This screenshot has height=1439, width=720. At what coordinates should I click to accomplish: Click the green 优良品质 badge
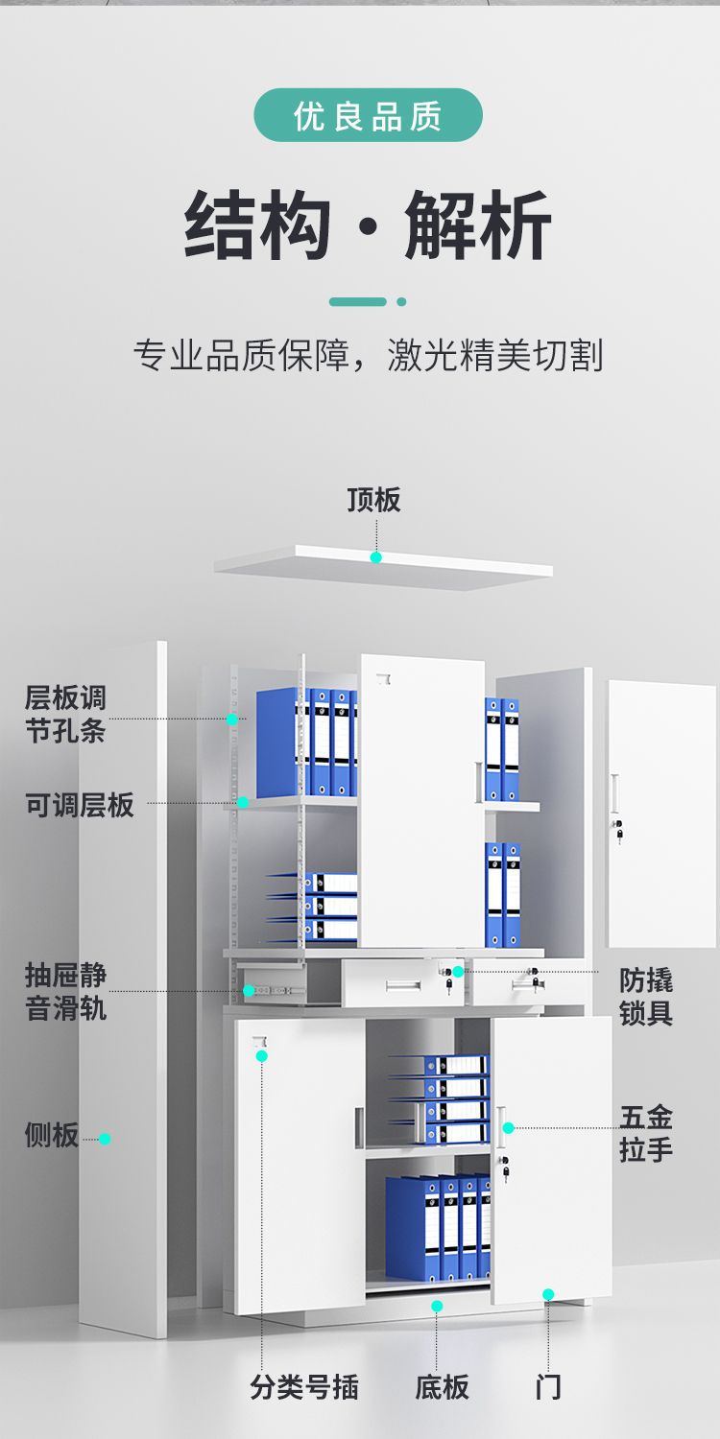point(368,116)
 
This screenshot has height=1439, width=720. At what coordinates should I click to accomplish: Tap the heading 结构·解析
point(368,226)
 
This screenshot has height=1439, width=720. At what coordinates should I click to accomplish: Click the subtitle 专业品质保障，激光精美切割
point(368,355)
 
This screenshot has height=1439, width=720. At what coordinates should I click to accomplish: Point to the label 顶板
point(373,500)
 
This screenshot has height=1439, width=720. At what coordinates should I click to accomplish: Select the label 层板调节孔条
point(65,714)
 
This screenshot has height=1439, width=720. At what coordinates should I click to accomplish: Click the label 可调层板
point(80,805)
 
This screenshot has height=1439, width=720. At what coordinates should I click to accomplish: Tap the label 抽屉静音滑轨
point(65,992)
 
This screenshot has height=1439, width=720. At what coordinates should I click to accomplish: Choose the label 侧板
point(51,1136)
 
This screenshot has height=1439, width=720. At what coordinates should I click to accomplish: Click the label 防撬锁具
point(646,997)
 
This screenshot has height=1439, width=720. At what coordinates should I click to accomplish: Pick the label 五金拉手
point(646,1132)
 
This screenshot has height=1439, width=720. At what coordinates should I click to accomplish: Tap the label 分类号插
point(304,1386)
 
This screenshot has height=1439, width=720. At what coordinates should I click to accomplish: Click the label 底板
point(442,1386)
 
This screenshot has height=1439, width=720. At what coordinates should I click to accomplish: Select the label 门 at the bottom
point(548,1386)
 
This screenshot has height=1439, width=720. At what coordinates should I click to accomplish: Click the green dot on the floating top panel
point(376,556)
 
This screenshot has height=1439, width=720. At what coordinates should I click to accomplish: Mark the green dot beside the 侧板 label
point(105,1139)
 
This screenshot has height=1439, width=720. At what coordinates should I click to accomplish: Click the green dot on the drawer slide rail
point(249,990)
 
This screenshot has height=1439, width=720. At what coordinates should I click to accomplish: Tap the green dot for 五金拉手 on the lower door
point(508,1127)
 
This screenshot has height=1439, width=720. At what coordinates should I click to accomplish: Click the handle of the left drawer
point(403,985)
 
